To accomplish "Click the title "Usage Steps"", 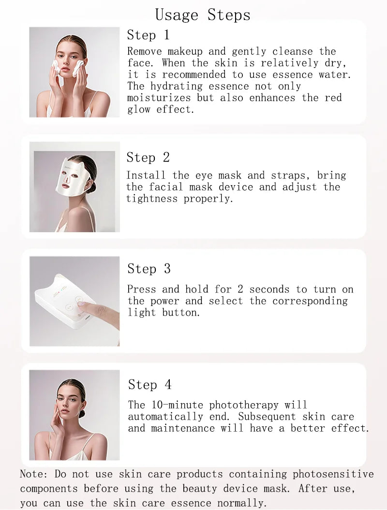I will pyautogui.click(x=203, y=15).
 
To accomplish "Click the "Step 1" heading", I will pyautogui.click(x=148, y=35).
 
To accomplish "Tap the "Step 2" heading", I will pyautogui.click(x=148, y=157).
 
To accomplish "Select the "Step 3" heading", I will pyautogui.click(x=149, y=269).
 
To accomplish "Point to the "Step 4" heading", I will pyautogui.click(x=149, y=385).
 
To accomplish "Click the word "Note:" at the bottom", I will pyautogui.click(x=34, y=474).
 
